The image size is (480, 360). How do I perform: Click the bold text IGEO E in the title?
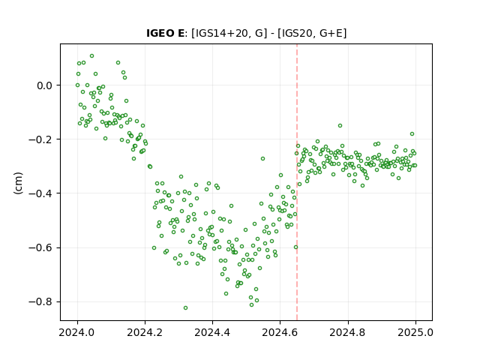(165, 33)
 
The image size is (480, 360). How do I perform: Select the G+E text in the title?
(331, 33)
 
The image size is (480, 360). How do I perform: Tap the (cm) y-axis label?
(18, 183)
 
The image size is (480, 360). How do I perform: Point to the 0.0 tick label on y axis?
(45, 85)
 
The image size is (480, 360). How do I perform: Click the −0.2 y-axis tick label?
(40, 139)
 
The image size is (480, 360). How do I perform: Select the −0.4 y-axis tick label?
(40, 193)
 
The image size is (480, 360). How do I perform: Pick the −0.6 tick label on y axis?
(40, 247)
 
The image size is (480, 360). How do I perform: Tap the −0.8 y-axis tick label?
(40, 301)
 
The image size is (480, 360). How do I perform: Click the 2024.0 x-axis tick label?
(77, 332)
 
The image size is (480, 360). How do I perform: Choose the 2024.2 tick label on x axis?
(145, 332)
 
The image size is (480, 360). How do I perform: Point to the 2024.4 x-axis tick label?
(212, 332)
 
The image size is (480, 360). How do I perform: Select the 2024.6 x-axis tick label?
(280, 332)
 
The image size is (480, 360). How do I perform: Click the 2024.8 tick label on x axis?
(348, 332)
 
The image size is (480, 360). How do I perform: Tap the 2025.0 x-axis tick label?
(415, 332)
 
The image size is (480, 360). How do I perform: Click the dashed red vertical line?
(297, 182)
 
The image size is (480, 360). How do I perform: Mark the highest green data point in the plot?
(91, 56)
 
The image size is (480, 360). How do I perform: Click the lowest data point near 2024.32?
(185, 308)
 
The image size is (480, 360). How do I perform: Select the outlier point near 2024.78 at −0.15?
(340, 126)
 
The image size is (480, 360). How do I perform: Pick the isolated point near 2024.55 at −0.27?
(262, 158)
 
